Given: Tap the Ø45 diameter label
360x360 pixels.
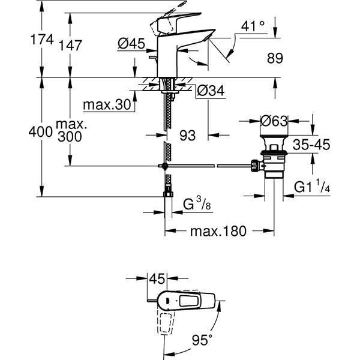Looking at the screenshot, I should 131,43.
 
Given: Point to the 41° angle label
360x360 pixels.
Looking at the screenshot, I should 252,26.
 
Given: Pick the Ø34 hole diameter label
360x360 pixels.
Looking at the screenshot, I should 211,91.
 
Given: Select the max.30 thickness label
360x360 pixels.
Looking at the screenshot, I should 107,106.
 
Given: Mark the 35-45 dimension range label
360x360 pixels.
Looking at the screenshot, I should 311,145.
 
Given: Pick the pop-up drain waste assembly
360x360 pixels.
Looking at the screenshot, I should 274,158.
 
